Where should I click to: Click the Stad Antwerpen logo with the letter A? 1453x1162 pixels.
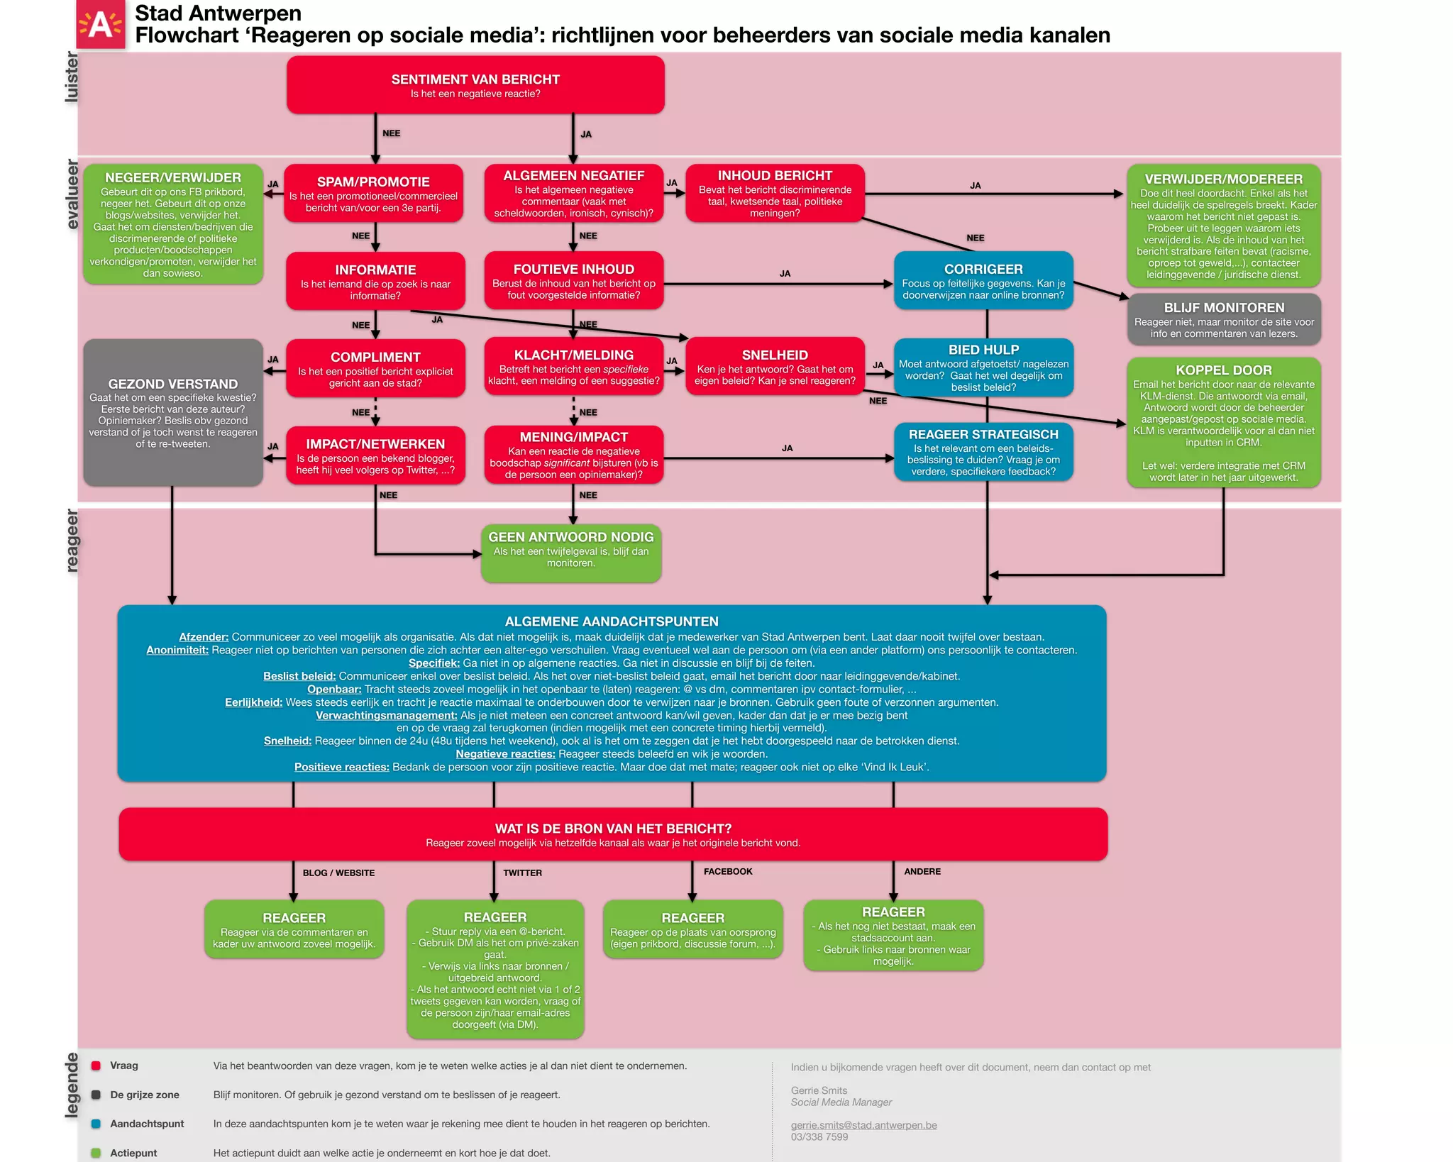point(100,25)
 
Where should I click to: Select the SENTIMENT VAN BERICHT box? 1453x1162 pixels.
point(475,85)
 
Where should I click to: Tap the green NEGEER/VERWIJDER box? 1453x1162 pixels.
point(173,224)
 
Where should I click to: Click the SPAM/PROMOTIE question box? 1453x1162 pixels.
point(373,194)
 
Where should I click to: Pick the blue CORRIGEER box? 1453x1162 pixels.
point(983,281)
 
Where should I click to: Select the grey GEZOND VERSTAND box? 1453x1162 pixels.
point(173,412)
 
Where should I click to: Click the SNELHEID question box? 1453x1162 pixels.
point(775,367)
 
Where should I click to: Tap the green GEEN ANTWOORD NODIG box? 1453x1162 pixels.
point(571,553)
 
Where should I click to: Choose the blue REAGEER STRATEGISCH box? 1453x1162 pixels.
point(983,452)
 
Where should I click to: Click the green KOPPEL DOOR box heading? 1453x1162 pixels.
point(1224,370)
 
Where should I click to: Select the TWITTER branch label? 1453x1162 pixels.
point(522,873)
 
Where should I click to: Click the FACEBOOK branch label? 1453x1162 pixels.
point(728,871)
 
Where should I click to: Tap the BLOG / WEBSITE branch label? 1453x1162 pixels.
point(338,873)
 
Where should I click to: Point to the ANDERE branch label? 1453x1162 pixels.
point(922,871)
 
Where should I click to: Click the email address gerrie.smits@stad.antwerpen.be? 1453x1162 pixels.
point(863,1125)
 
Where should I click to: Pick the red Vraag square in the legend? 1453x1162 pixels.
point(96,1066)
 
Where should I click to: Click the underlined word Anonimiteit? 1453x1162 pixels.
point(177,650)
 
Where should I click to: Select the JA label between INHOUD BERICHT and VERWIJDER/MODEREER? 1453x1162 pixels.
point(976,185)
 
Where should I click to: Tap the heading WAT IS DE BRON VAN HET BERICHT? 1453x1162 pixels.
point(613,829)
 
